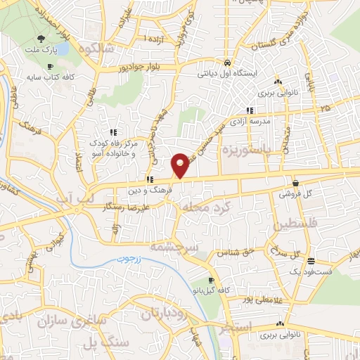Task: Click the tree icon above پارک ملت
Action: pos(44,39)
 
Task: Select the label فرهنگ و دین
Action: pos(148,191)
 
